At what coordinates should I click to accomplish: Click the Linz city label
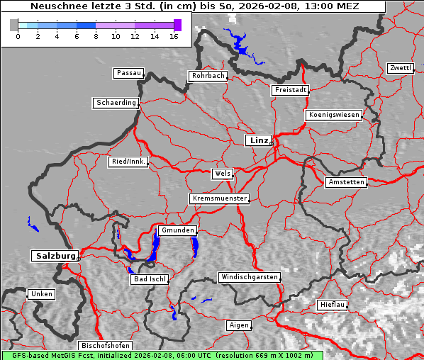click(x=258, y=140)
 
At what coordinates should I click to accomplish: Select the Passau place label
click(x=128, y=73)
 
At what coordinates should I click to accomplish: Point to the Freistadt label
click(x=290, y=90)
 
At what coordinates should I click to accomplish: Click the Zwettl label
click(x=400, y=68)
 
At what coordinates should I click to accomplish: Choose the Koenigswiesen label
click(x=334, y=115)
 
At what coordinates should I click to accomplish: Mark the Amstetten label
click(x=345, y=182)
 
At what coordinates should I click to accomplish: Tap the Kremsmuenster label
click(x=219, y=198)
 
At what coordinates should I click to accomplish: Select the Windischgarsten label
click(x=248, y=277)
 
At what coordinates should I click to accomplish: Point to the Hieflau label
click(x=333, y=305)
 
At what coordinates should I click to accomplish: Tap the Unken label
click(x=40, y=293)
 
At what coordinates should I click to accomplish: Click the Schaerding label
click(x=115, y=103)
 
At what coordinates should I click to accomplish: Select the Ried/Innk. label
click(x=128, y=162)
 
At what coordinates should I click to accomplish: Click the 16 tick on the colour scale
click(x=174, y=35)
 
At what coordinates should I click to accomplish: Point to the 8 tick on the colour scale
click(x=96, y=35)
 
